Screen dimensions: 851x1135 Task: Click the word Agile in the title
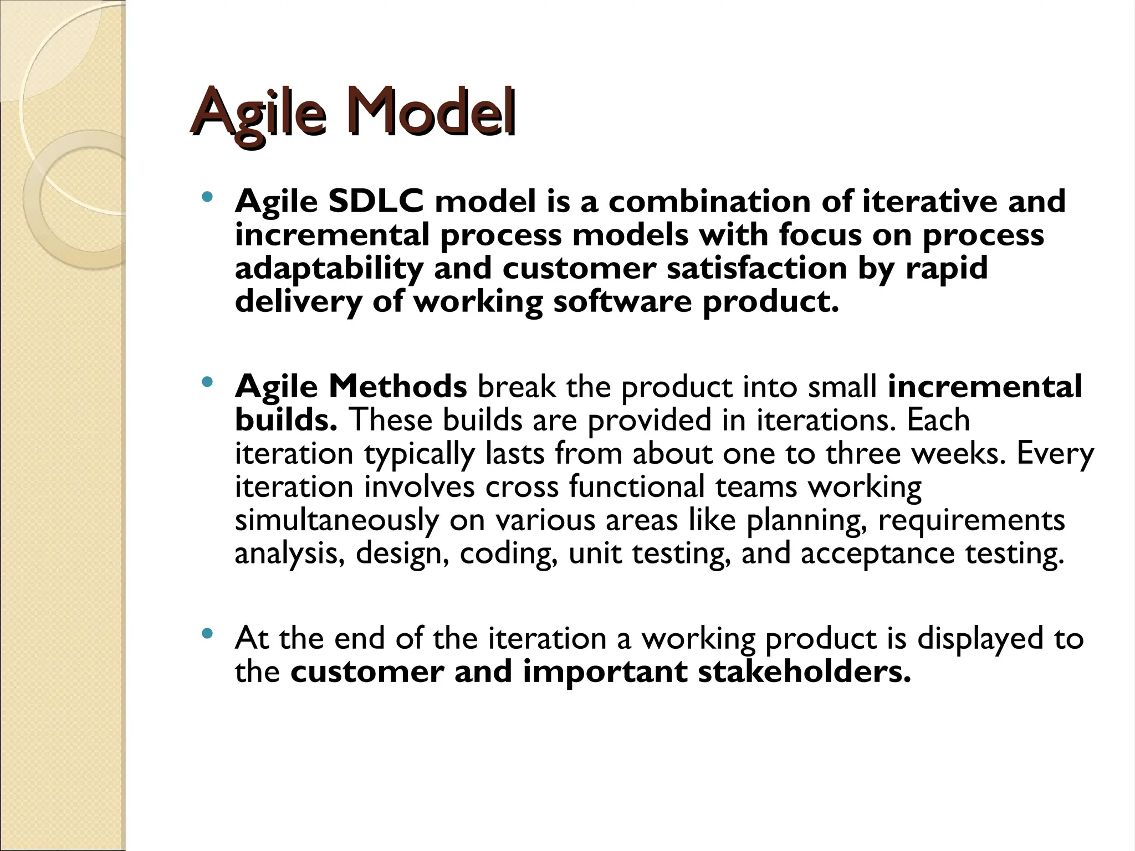pos(258,114)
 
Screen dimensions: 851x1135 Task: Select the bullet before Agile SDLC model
pos(207,197)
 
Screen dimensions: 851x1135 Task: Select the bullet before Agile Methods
pos(207,382)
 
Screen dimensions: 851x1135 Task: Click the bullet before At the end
pos(207,634)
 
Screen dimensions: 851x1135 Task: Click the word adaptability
pos(329,269)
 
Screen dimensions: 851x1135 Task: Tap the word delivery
pos(298,303)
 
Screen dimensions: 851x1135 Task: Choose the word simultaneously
pos(336,521)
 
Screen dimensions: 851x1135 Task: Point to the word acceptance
pos(877,553)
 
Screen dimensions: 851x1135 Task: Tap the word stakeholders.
pos(804,671)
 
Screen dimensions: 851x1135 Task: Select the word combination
pos(709,201)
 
